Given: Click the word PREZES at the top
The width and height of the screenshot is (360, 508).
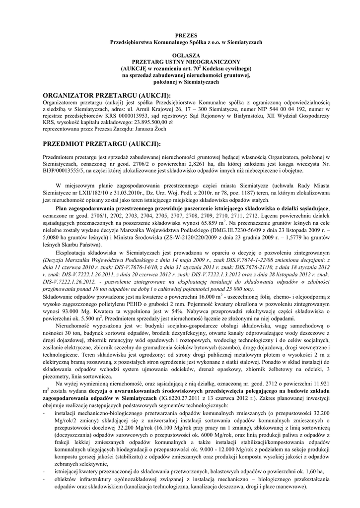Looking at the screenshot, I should point(180,36).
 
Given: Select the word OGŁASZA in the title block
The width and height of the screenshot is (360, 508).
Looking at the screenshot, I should point(180,55).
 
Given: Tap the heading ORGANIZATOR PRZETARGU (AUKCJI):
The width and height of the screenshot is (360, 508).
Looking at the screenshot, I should point(107,95).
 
